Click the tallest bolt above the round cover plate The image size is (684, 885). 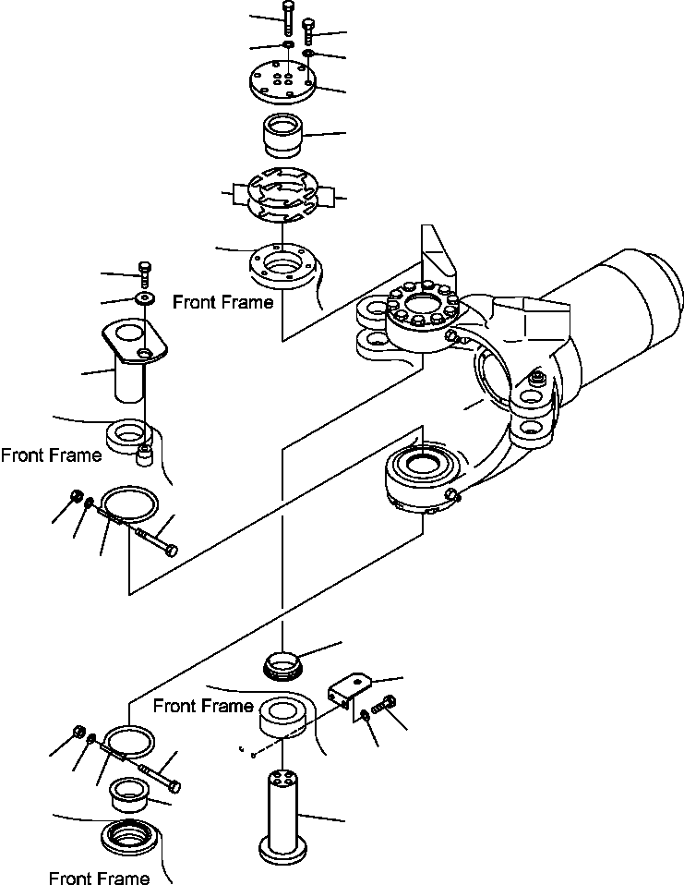(288, 18)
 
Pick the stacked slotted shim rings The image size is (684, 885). (282, 195)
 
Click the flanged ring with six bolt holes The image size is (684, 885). (282, 267)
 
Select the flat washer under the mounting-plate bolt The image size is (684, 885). (146, 297)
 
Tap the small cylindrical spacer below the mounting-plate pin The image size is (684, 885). (145, 455)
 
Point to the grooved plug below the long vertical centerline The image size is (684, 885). (282, 665)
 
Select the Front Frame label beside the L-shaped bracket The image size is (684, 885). (203, 706)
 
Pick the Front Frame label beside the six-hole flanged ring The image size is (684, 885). (222, 302)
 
